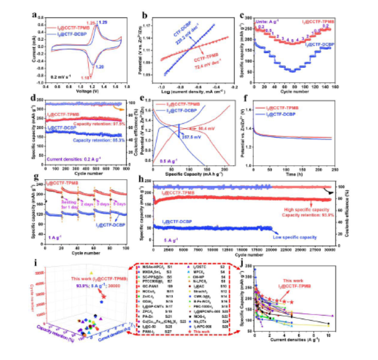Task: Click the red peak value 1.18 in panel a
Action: (x=86, y=77)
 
